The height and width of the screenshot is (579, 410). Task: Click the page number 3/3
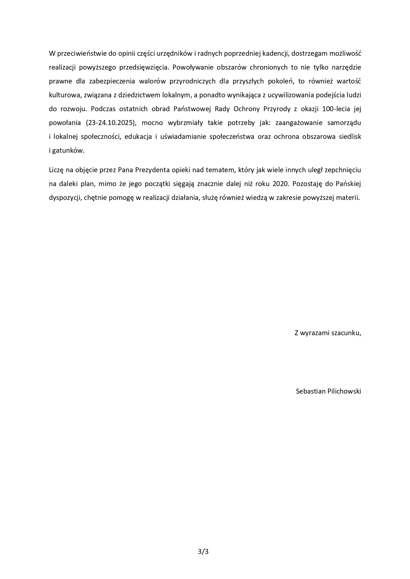click(203, 551)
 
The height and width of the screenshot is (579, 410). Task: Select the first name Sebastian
click(310, 391)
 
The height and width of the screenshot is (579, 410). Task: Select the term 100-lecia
click(336, 109)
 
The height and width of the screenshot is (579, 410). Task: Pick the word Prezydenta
click(155, 170)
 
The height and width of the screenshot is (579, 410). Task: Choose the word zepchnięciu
click(343, 170)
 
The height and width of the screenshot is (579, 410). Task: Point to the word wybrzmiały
click(186, 123)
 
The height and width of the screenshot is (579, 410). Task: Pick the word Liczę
click(57, 170)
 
